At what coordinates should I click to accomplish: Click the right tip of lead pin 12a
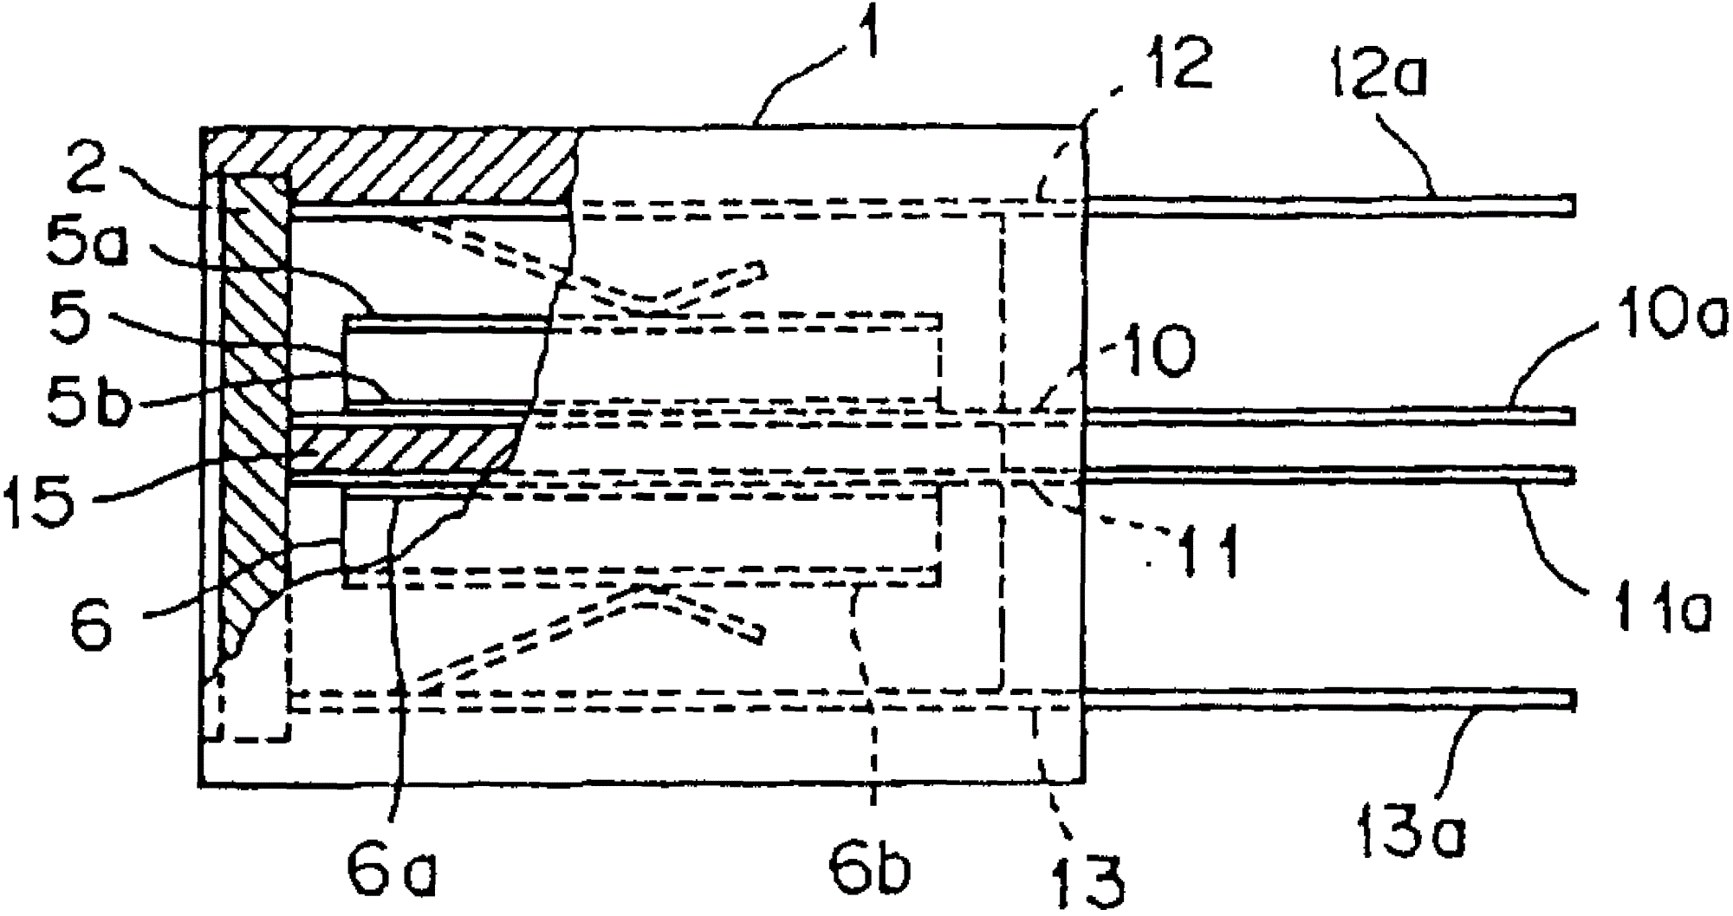point(1570,205)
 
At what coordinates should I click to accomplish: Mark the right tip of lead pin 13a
point(1570,698)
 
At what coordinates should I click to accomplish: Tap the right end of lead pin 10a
point(1570,416)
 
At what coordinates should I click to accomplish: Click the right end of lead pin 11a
point(1570,476)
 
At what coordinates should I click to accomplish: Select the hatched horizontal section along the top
point(433,165)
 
